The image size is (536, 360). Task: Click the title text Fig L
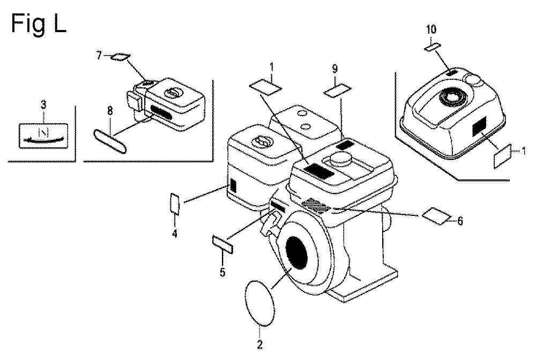pyautogui.click(x=39, y=24)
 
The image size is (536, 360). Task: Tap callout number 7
pyautogui.click(x=99, y=55)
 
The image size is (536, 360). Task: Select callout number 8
pyautogui.click(x=110, y=111)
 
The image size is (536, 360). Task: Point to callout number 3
pyautogui.click(x=43, y=104)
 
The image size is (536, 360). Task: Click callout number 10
pyautogui.click(x=431, y=29)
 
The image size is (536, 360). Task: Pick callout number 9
pyautogui.click(x=335, y=69)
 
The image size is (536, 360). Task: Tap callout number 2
pyautogui.click(x=259, y=344)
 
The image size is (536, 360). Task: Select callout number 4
pyautogui.click(x=175, y=234)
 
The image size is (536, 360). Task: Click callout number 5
pyautogui.click(x=223, y=272)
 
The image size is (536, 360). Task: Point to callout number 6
pyautogui.click(x=460, y=221)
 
